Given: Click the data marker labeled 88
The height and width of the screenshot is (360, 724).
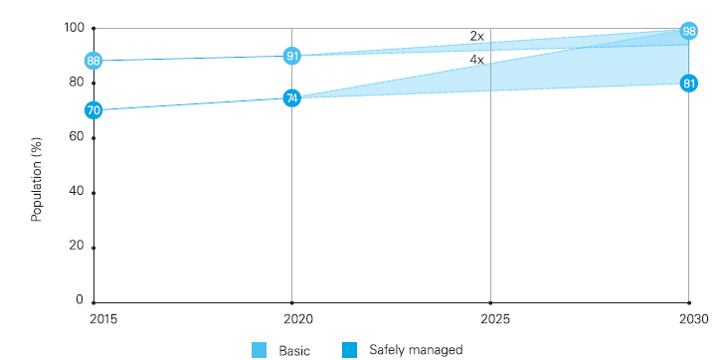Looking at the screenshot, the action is [93, 61].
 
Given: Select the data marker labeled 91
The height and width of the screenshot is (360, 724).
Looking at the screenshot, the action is [291, 57].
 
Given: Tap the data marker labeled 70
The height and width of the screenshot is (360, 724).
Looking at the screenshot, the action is [93, 110].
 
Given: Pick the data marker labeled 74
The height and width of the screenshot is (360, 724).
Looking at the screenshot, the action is [291, 98].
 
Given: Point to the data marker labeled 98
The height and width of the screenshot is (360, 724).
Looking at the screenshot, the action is [688, 31].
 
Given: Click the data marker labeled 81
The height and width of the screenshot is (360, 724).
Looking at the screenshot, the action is [688, 84].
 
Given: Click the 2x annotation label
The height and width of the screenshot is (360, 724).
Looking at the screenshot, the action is [477, 36].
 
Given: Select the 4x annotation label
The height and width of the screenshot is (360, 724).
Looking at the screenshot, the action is [477, 60].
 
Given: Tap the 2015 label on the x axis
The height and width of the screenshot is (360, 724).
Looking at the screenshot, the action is [103, 320].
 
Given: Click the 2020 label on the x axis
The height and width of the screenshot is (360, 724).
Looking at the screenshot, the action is [299, 320].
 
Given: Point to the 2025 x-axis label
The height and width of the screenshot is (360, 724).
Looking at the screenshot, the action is [495, 320].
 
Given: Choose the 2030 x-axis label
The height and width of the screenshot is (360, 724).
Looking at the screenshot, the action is [694, 320].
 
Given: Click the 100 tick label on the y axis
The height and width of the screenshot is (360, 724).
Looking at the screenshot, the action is [74, 28].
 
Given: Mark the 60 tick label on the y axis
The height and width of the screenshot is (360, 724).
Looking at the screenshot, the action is [77, 137].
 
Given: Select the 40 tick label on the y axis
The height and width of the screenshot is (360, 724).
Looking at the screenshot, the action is [77, 192].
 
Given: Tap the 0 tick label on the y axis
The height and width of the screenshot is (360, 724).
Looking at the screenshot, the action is [80, 300].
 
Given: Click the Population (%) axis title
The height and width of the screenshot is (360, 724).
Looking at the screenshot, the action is [37, 179].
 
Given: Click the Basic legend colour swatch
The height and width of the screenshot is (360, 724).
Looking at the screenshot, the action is [259, 350].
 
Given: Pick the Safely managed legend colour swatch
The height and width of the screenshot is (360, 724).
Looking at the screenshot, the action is [349, 350].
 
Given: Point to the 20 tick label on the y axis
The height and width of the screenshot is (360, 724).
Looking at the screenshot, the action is [77, 246].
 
